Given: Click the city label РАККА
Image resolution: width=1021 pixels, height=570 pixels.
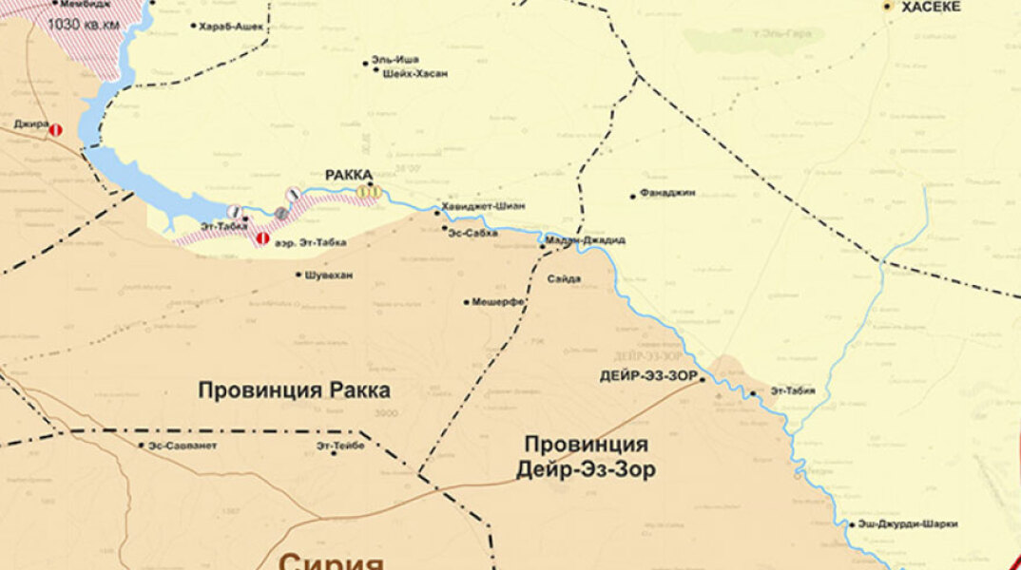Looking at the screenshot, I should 349,175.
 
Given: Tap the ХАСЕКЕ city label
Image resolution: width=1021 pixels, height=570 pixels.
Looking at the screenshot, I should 931,7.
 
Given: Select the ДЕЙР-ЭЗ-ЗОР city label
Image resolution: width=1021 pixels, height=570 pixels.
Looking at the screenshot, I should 649,375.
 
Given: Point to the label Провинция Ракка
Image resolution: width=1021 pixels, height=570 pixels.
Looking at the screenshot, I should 294,389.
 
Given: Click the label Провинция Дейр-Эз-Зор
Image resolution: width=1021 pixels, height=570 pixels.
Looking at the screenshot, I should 586,457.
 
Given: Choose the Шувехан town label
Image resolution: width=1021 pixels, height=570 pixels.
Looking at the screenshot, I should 328,275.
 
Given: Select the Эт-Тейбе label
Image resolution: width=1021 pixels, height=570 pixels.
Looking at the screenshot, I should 340,445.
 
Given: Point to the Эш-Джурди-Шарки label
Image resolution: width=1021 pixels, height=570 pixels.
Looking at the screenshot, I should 908,523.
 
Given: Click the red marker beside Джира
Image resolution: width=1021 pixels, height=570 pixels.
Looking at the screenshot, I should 56,129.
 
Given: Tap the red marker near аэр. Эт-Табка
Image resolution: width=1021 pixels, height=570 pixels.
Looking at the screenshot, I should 262,238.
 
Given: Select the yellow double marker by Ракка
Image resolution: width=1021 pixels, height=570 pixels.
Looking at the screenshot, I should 369,192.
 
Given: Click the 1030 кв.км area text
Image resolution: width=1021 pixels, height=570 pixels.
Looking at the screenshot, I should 84,23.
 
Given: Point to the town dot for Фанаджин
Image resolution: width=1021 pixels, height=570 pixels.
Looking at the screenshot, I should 633,197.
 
